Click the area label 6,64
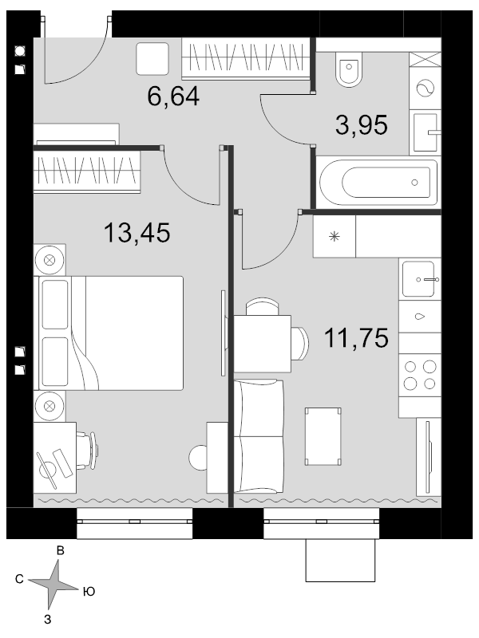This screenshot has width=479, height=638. point(173,96)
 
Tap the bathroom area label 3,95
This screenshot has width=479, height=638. point(362,125)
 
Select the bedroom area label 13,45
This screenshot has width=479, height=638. point(137,233)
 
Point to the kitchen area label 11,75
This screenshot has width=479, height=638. point(356,338)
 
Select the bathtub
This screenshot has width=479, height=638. point(378,183)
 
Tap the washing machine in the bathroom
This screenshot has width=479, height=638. point(426,88)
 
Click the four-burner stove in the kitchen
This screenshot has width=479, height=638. point(420,375)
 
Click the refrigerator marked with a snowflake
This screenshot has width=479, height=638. point(335,236)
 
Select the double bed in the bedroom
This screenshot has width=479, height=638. point(111,333)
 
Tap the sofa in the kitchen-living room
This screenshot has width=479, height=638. point(259,436)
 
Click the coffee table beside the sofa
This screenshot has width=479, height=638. point(323,436)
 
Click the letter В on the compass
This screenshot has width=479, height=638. point(61,551)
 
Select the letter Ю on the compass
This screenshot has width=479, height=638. point(89,591)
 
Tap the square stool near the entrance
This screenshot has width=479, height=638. point(152,58)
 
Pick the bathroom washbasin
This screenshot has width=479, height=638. point(426,132)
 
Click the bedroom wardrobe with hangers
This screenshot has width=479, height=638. point(87,171)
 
